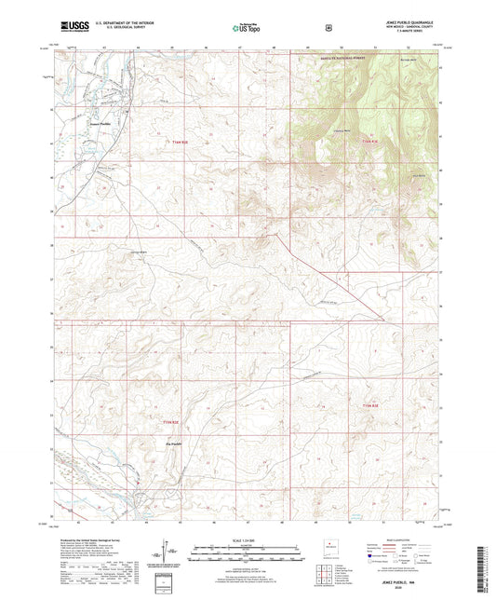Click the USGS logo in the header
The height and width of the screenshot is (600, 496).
pos(72,29)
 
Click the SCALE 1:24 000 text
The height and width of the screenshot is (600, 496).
pos(247,539)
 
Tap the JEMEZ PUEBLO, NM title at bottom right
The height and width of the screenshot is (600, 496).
pos(410,577)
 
